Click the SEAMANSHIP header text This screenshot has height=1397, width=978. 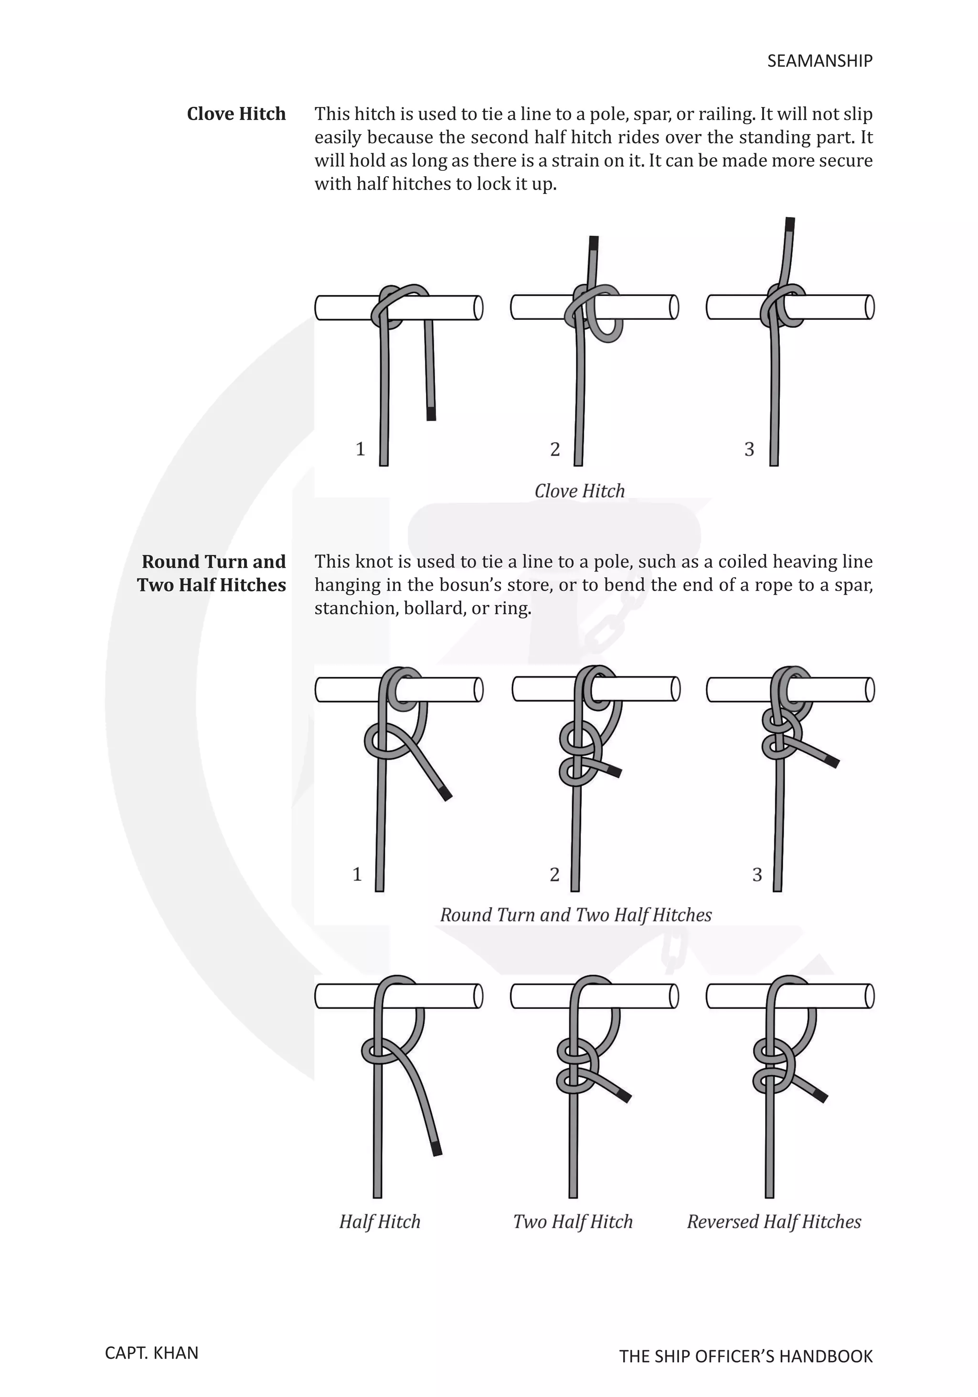click(x=819, y=61)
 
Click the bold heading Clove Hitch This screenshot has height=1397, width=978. click(x=236, y=114)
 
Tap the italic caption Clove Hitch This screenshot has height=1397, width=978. click(x=579, y=491)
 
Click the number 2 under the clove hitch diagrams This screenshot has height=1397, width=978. click(x=554, y=449)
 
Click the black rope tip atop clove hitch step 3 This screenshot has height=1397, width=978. click(x=790, y=224)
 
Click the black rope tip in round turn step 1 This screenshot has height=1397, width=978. click(x=446, y=794)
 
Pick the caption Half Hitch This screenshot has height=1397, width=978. click(x=380, y=1222)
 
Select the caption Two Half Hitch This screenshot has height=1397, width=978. click(x=573, y=1222)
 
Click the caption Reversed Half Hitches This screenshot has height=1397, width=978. click(x=774, y=1222)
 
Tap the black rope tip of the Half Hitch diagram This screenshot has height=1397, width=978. click(x=436, y=1149)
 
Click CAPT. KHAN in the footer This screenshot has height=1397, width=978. click(x=151, y=1353)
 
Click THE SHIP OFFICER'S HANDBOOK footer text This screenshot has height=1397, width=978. click(x=745, y=1356)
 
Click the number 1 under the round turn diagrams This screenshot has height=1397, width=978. click(x=357, y=874)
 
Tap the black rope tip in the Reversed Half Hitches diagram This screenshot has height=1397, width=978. click(x=820, y=1096)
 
